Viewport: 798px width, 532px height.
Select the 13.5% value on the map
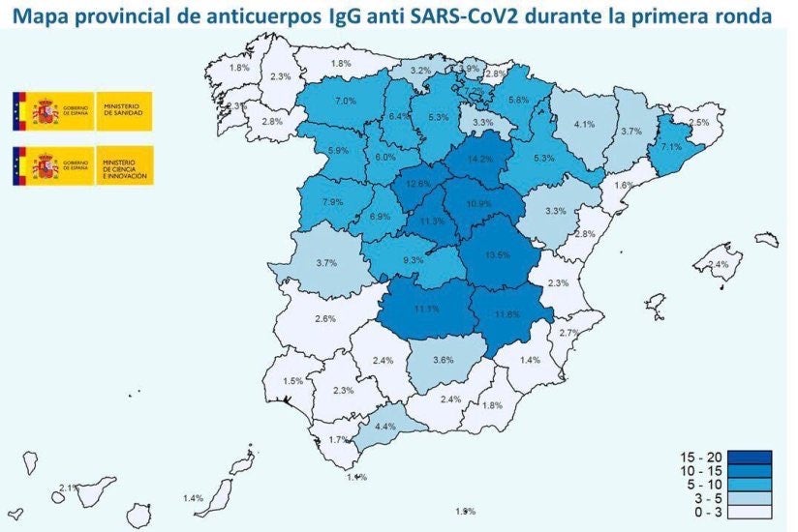(496, 255)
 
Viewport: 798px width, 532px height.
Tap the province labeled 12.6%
(418, 184)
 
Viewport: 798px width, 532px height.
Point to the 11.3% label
(432, 222)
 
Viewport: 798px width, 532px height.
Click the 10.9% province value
(479, 204)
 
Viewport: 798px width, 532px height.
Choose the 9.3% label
(414, 259)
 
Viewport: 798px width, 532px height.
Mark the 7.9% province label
(332, 202)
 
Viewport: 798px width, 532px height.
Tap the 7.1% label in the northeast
(672, 147)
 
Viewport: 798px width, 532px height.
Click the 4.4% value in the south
(385, 427)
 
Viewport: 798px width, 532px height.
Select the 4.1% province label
(583, 125)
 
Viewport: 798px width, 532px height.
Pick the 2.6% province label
(325, 319)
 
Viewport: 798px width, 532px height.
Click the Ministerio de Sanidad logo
(81, 112)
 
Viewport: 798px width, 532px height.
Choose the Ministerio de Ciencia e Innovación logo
(81, 166)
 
